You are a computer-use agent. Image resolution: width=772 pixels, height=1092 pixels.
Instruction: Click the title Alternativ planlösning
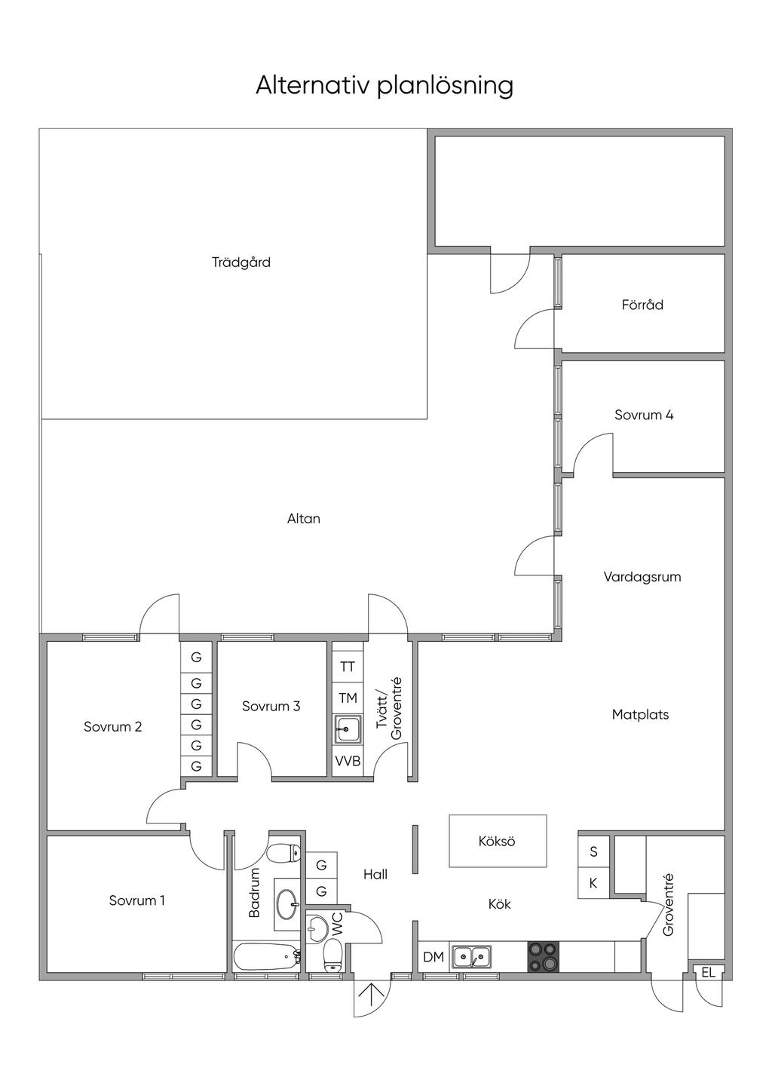384,86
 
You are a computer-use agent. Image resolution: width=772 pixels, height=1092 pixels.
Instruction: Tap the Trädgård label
241,262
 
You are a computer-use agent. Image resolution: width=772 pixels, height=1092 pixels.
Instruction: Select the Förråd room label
642,305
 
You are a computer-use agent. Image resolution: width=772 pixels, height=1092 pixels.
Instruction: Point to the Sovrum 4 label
644,415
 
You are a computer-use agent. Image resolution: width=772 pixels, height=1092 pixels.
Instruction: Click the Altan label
304,518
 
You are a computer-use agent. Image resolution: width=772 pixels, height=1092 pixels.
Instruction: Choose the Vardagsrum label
642,577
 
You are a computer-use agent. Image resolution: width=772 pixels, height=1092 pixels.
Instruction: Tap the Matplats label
640,715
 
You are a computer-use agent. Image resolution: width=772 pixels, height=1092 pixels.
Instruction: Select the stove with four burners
543,957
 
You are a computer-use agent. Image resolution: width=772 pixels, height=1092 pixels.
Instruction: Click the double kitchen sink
471,956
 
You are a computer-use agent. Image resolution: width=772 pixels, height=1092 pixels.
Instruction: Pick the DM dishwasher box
433,957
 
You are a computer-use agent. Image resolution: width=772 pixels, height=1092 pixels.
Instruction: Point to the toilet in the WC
332,955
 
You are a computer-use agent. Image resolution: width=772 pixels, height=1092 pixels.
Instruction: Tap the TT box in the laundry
348,667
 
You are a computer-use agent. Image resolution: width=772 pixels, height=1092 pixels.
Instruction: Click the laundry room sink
348,729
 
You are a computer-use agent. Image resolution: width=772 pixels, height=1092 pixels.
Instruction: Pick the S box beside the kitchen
593,851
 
